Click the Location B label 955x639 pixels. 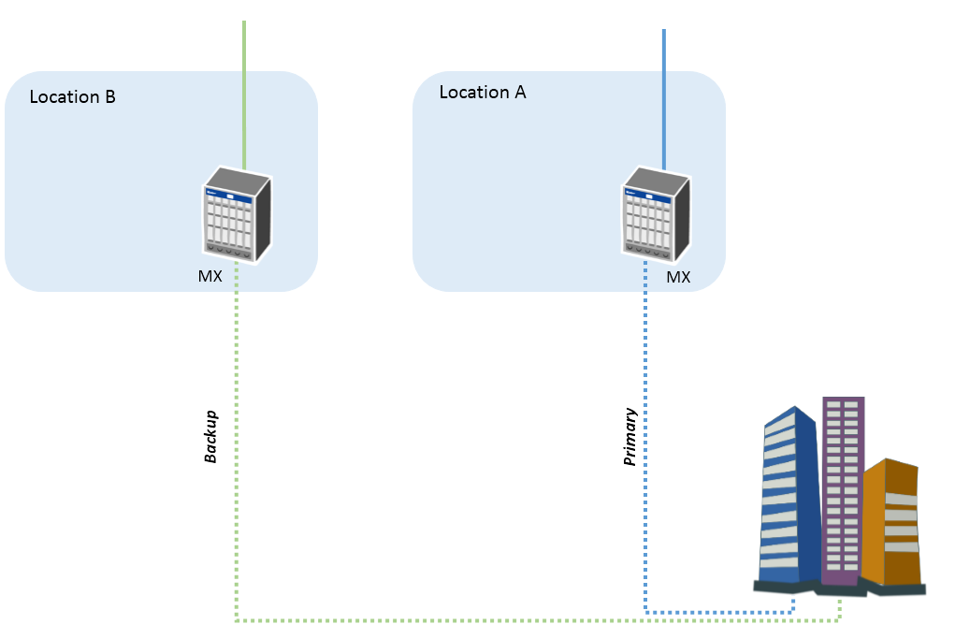pyautogui.click(x=72, y=97)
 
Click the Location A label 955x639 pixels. pyautogui.click(x=483, y=92)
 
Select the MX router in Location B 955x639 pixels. pyautogui.click(x=237, y=214)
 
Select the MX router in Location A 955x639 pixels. pyautogui.click(x=657, y=214)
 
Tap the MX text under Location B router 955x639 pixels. pyautogui.click(x=210, y=276)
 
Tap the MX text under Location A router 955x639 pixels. pyautogui.click(x=678, y=277)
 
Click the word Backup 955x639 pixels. pyautogui.click(x=210, y=436)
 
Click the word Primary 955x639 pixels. pyautogui.click(x=630, y=436)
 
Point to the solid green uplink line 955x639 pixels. pyautogui.click(x=244, y=95)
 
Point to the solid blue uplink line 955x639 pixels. pyautogui.click(x=664, y=99)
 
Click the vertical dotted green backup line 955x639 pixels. pyautogui.click(x=237, y=442)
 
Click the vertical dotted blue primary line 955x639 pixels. pyautogui.click(x=645, y=437)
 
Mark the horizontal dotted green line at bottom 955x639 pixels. pyautogui.click(x=539, y=620)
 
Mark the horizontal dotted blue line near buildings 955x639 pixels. pyautogui.click(x=719, y=612)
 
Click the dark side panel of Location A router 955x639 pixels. pyautogui.click(x=682, y=219)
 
